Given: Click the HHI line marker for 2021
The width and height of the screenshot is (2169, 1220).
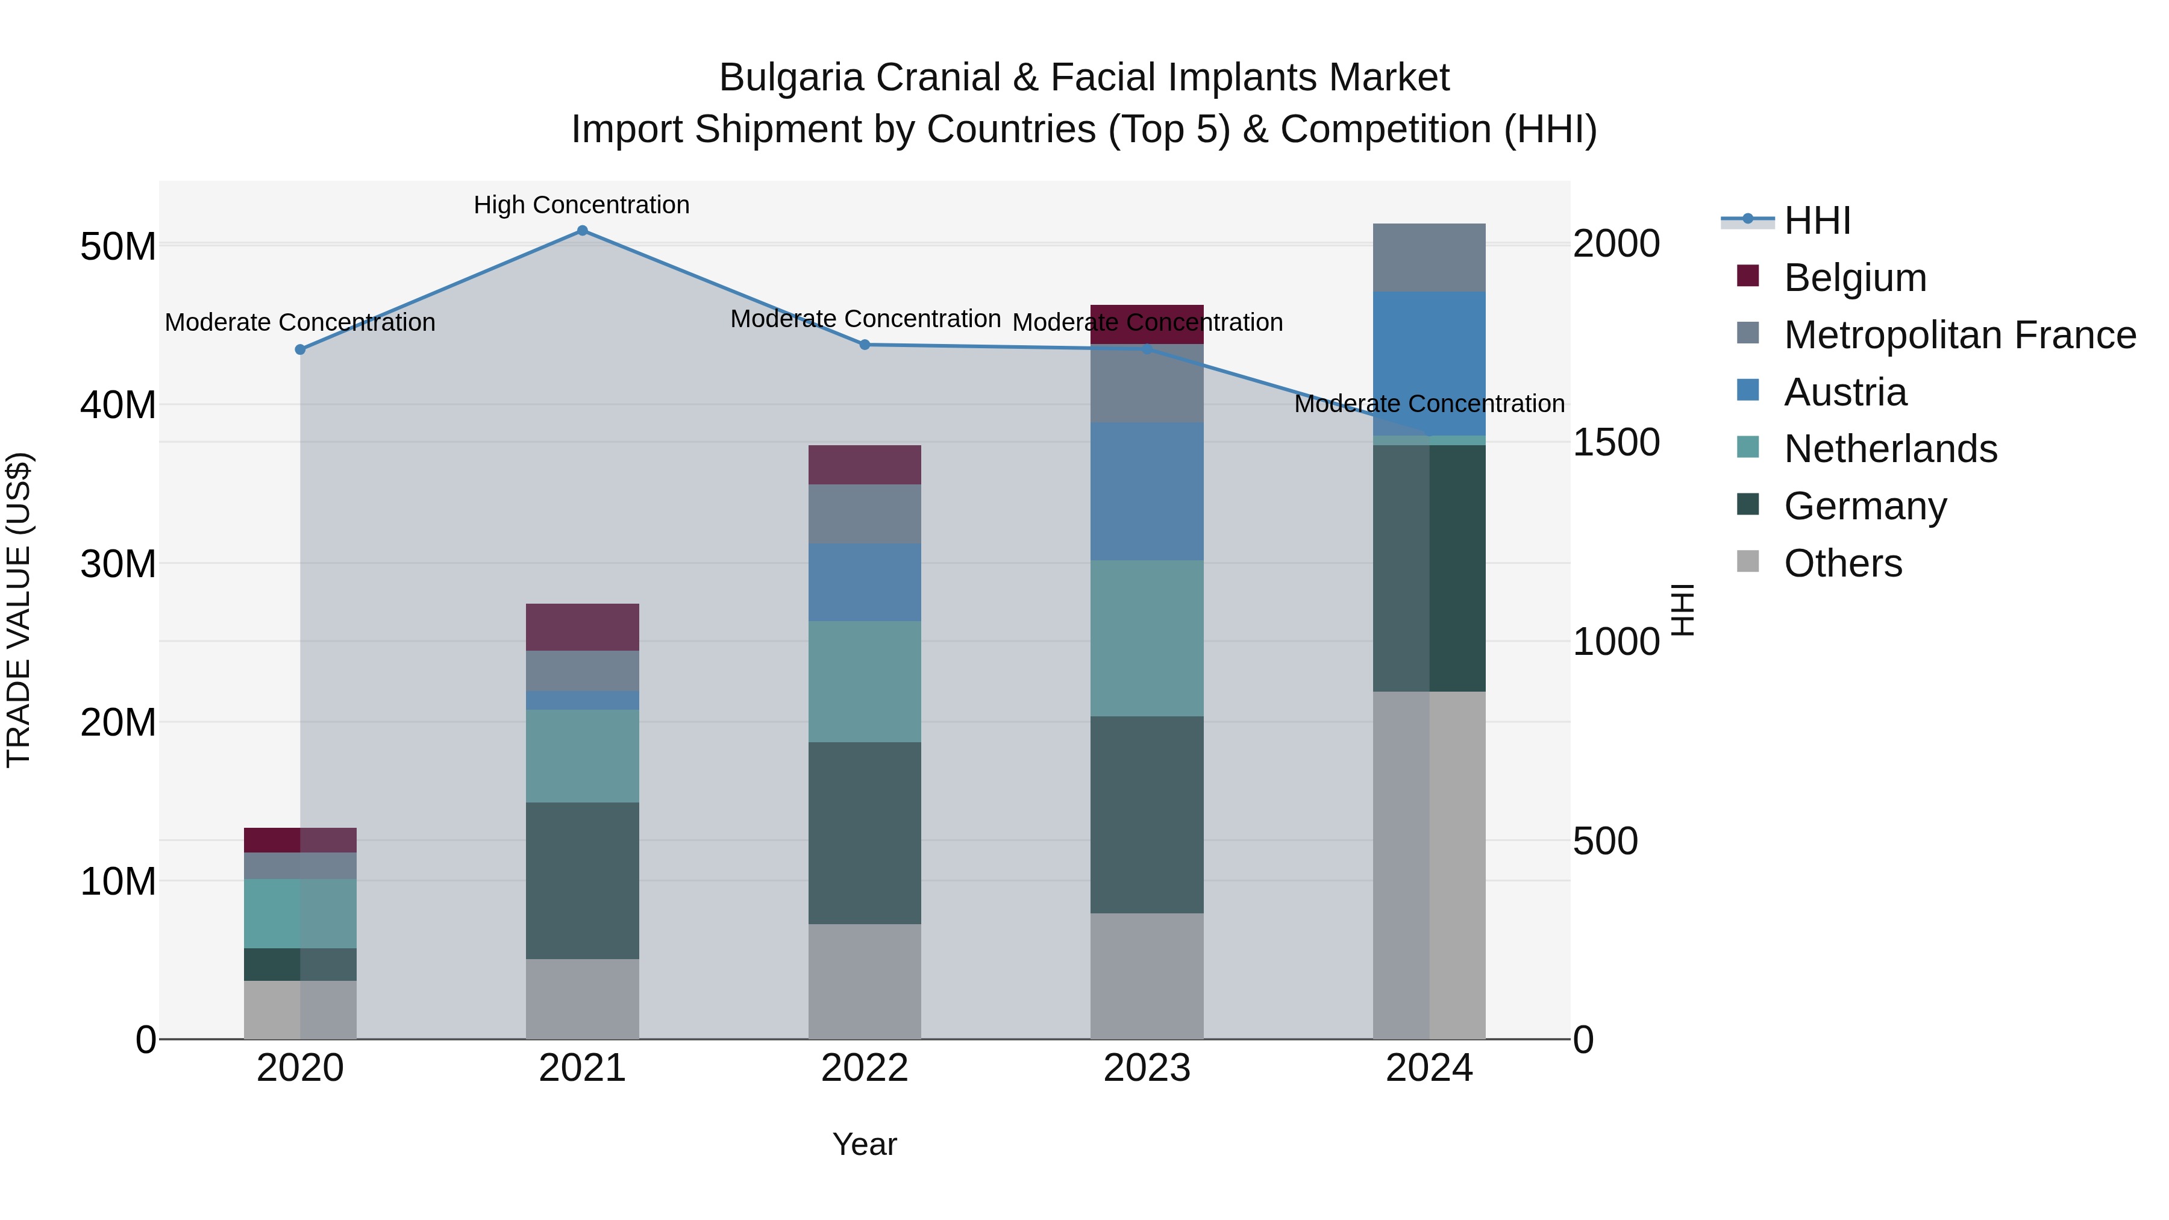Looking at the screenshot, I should click(x=582, y=231).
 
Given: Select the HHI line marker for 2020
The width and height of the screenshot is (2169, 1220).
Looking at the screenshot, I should click(x=301, y=349).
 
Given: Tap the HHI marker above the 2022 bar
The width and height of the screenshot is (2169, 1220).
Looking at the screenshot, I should click(x=865, y=345).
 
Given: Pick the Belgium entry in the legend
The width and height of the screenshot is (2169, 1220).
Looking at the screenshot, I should click(x=1855, y=278).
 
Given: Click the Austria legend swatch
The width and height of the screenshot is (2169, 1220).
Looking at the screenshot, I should click(x=1748, y=390).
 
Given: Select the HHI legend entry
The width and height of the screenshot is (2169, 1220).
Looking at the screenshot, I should click(x=1817, y=221).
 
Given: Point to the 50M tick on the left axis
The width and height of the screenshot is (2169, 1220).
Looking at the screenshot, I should click(x=118, y=246).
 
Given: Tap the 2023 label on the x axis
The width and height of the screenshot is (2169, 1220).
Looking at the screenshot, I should click(x=1147, y=1068).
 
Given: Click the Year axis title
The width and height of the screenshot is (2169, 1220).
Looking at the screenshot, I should click(x=865, y=1144).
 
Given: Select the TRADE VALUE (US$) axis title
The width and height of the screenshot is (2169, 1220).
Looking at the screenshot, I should click(x=19, y=610).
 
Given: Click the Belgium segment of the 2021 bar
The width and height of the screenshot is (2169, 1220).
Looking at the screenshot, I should click(x=582, y=627).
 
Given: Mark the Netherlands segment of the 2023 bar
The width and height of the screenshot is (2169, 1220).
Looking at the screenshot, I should click(x=1147, y=638).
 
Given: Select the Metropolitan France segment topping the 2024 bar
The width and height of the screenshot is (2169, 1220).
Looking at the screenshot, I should click(x=1429, y=258).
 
